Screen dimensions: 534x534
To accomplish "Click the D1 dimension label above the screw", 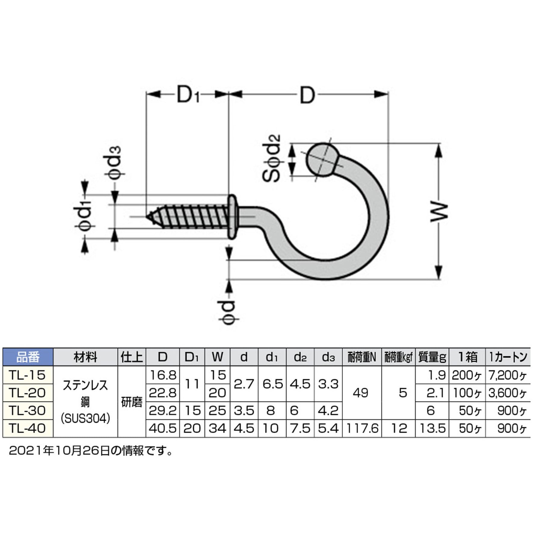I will [x=188, y=95].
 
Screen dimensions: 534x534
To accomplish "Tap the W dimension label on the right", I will [x=439, y=212].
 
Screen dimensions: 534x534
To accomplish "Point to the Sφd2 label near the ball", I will [x=272, y=158].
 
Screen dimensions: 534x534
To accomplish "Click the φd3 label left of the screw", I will [x=115, y=163].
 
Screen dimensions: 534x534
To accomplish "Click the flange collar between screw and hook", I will [x=232, y=217].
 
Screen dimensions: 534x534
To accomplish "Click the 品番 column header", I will [x=28, y=357].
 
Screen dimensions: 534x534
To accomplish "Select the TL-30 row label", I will [x=27, y=410].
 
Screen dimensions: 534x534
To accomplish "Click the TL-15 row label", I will [x=27, y=375].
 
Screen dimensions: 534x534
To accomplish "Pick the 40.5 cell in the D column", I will [x=162, y=428].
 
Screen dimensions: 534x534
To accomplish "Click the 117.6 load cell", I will [x=362, y=428].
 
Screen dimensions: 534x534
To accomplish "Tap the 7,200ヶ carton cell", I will [x=508, y=375].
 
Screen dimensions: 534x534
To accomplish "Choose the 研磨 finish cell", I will [x=132, y=402].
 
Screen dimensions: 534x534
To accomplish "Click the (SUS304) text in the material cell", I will [x=85, y=418].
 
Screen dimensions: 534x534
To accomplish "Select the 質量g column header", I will [x=432, y=357].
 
